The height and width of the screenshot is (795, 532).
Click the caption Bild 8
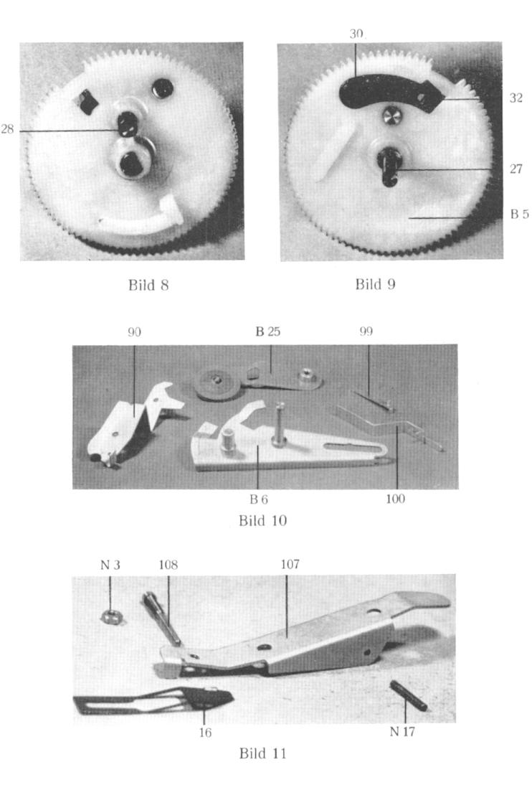pos(148,285)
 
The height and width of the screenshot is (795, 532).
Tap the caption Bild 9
pos(375,284)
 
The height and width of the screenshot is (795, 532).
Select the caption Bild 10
pos(262,521)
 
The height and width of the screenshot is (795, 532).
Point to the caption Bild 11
pos(262,753)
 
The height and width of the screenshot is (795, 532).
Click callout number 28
pos(7,129)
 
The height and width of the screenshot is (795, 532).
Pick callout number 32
pos(516,98)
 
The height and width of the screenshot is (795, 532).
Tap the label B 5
pos(519,214)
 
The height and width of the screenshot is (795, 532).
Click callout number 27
pos(516,169)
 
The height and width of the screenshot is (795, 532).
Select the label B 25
pos(267,331)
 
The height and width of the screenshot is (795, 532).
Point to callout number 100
pos(395,499)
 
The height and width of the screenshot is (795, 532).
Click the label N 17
pos(402,731)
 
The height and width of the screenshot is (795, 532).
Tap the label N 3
pos(110,565)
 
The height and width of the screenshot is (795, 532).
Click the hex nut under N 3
pos(110,617)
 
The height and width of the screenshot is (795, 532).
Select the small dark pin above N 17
pos(408,695)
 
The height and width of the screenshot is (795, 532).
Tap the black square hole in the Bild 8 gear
pos(89,101)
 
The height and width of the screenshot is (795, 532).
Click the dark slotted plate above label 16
pos(153,702)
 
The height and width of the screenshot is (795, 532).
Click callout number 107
pos(290,564)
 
